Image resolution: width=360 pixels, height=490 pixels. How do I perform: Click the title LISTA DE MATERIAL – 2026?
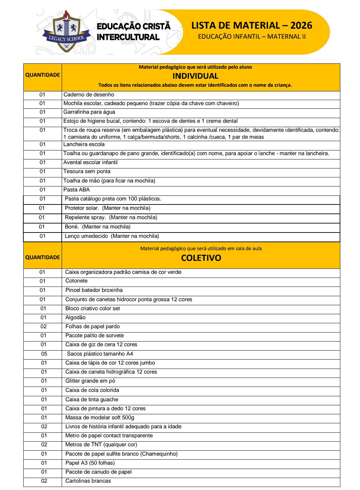(252, 25)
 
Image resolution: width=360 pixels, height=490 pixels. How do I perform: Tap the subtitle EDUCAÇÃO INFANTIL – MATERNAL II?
(252, 36)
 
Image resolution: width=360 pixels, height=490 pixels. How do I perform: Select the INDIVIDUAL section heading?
(195, 76)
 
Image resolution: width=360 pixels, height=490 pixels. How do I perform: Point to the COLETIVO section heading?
(201, 258)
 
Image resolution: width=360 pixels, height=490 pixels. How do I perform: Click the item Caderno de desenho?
(89, 95)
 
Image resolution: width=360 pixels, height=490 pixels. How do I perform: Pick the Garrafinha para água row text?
(89, 112)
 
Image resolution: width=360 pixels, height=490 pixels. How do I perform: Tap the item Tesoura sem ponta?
(87, 171)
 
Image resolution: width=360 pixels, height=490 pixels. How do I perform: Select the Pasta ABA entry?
(76, 190)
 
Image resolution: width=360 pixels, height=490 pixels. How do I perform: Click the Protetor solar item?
(82, 208)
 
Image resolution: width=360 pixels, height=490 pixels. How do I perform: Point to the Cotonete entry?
(76, 281)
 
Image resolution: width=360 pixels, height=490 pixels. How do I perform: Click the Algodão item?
(75, 318)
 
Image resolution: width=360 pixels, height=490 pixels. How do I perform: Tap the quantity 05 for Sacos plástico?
(44, 354)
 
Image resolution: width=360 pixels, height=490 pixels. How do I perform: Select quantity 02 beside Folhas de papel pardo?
(44, 327)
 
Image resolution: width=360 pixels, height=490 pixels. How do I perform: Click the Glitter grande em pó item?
(90, 381)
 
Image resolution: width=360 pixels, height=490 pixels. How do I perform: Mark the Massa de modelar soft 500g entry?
(100, 418)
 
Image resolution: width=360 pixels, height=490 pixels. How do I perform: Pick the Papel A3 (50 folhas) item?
(90, 463)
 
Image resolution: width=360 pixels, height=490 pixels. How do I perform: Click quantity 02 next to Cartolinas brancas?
(44, 481)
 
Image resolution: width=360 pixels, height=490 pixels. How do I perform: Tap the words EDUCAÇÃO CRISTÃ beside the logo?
(134, 26)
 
